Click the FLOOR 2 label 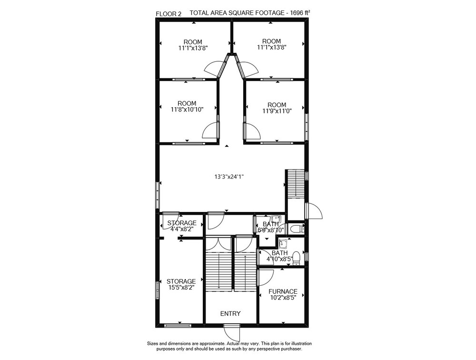tap(169, 14)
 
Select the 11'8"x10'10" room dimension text tap(187, 110)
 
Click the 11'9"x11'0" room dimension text tap(277, 111)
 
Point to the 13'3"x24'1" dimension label tap(229, 177)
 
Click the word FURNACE tap(283, 291)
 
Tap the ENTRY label tap(230, 313)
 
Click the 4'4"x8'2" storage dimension tap(182, 229)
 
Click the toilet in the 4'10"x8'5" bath tap(297, 258)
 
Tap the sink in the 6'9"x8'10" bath tap(276, 219)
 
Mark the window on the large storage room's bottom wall tap(178, 325)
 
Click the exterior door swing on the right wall tap(314, 210)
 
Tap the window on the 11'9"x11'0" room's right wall tap(307, 127)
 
